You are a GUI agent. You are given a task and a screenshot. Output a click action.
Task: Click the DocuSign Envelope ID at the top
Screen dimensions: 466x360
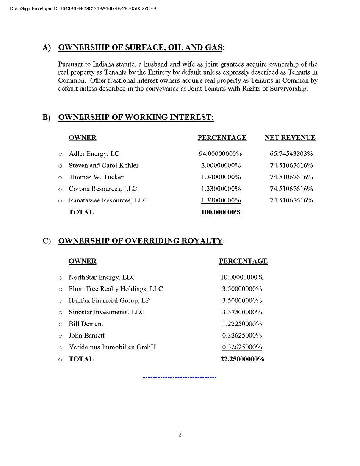point(83,8)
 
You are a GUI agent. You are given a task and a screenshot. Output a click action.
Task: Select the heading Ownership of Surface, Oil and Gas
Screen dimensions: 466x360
point(140,47)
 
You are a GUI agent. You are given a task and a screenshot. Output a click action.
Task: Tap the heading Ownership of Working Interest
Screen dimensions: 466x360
point(136,117)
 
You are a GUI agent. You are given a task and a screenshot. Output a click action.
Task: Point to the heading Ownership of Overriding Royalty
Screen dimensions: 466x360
point(140,241)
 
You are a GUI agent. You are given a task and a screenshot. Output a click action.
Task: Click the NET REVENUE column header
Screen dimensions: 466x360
point(290,138)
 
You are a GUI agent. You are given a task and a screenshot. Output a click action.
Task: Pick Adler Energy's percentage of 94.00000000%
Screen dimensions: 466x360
point(220,154)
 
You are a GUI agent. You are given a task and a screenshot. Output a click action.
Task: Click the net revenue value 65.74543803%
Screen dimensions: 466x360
point(291,154)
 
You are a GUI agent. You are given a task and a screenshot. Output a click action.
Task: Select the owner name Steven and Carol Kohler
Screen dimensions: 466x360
point(104,165)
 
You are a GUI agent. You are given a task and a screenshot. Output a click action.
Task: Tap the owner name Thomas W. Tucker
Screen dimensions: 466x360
point(96,177)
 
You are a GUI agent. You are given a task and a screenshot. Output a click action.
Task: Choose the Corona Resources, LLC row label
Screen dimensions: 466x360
point(103,189)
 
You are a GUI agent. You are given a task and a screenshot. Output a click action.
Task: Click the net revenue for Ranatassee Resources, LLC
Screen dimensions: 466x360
point(291,200)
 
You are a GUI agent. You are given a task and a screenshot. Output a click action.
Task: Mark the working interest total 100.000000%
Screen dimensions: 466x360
point(221,212)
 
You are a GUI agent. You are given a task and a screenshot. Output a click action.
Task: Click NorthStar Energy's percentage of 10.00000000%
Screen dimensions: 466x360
point(242,277)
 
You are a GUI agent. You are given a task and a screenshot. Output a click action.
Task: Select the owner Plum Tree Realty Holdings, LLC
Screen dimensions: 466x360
point(116,289)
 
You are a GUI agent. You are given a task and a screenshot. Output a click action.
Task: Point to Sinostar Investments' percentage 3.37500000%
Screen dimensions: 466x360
point(242,312)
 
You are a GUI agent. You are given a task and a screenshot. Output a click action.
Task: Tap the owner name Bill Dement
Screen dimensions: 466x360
point(86,324)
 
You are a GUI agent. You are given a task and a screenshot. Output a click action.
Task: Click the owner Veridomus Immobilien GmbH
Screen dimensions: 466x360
point(112,347)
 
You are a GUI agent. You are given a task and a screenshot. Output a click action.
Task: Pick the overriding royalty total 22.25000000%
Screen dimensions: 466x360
point(242,359)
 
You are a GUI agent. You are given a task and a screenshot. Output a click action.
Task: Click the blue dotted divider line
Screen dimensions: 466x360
point(180,377)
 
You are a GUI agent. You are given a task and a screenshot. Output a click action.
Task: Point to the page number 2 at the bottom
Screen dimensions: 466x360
point(180,435)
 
